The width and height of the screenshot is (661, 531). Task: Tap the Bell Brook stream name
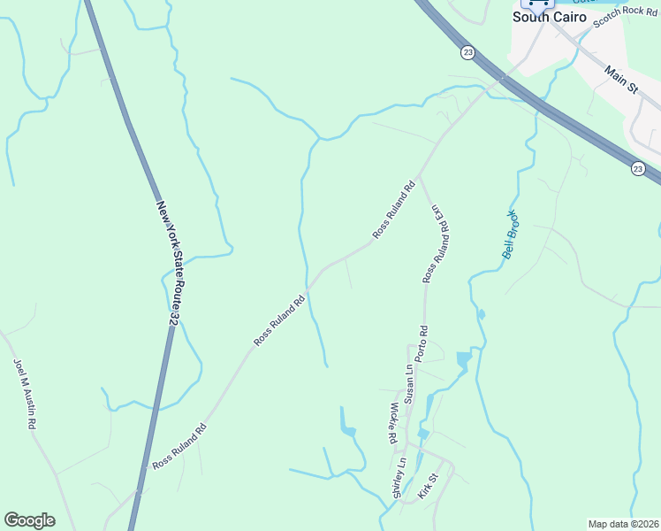point(510,234)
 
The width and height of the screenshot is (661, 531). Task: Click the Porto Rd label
point(423,342)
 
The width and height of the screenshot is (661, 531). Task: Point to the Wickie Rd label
point(392,422)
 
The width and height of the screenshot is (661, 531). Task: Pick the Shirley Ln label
point(399,478)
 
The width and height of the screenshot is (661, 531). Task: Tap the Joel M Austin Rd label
point(24,393)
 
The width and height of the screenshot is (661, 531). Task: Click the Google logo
point(29,520)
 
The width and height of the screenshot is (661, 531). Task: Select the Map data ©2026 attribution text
point(624,524)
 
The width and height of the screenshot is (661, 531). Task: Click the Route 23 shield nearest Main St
point(638,168)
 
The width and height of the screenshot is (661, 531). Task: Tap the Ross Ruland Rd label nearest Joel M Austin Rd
point(179,445)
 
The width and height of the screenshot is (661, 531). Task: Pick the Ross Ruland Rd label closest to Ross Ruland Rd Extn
point(393,211)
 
